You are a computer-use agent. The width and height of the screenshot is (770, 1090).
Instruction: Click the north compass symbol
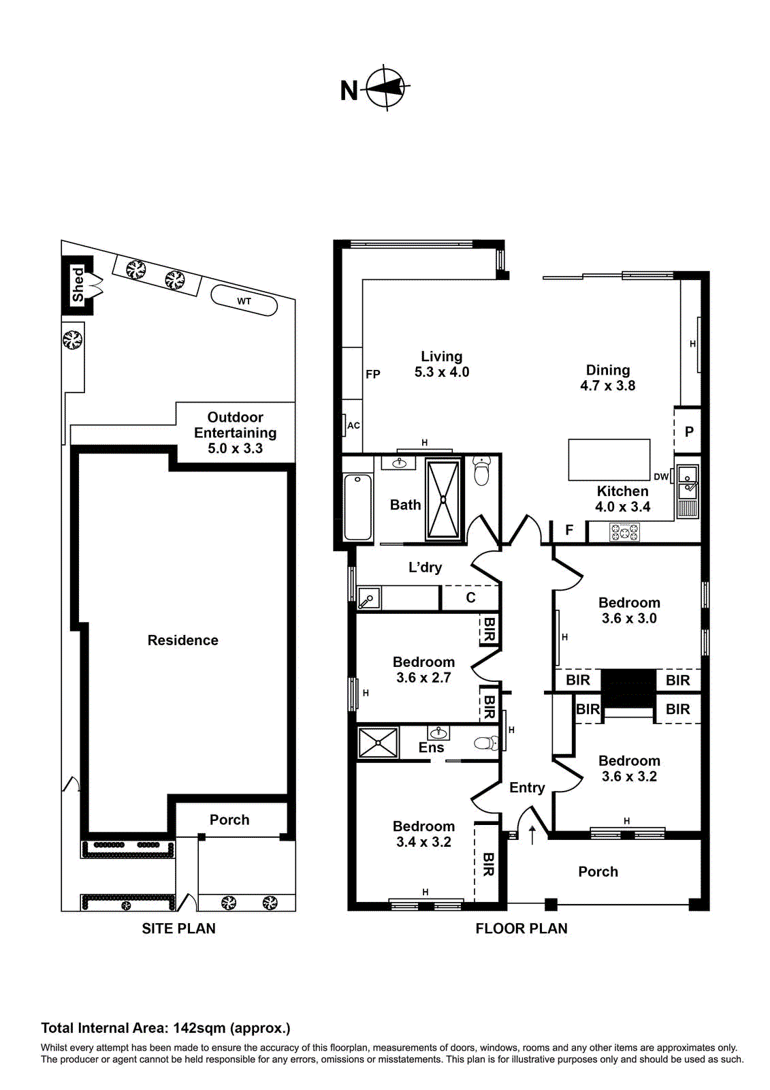(x=386, y=88)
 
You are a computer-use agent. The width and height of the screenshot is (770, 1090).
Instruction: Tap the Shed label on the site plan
(x=78, y=285)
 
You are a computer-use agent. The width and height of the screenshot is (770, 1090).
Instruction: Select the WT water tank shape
(x=244, y=300)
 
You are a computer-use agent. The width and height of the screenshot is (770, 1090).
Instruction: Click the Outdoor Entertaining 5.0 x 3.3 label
(x=235, y=433)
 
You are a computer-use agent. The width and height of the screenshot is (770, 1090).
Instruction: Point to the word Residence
(x=182, y=640)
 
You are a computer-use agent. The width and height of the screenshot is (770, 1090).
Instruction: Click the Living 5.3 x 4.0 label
(x=441, y=364)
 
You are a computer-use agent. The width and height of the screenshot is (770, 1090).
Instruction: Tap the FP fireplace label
(x=372, y=374)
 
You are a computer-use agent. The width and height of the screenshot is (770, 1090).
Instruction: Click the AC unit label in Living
(x=353, y=426)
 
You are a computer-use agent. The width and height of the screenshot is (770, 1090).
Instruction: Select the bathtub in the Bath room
(x=357, y=507)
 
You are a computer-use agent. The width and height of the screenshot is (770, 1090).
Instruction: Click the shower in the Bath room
(x=443, y=500)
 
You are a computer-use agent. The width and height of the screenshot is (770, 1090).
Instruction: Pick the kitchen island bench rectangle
(x=609, y=459)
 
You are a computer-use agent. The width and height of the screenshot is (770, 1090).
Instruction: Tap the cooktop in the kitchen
(x=624, y=532)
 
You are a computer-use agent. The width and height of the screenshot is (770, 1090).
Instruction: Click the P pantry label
(x=689, y=432)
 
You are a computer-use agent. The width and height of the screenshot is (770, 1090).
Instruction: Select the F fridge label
(x=569, y=530)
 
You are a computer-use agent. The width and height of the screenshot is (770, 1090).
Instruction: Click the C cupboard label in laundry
(x=470, y=598)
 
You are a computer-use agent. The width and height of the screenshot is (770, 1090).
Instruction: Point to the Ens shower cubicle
(x=378, y=743)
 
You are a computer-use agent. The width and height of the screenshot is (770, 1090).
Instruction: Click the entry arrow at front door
(x=532, y=834)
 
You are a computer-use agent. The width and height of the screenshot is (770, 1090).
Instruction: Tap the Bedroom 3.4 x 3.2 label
(x=423, y=834)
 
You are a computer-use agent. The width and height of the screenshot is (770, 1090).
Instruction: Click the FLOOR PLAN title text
(x=521, y=929)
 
